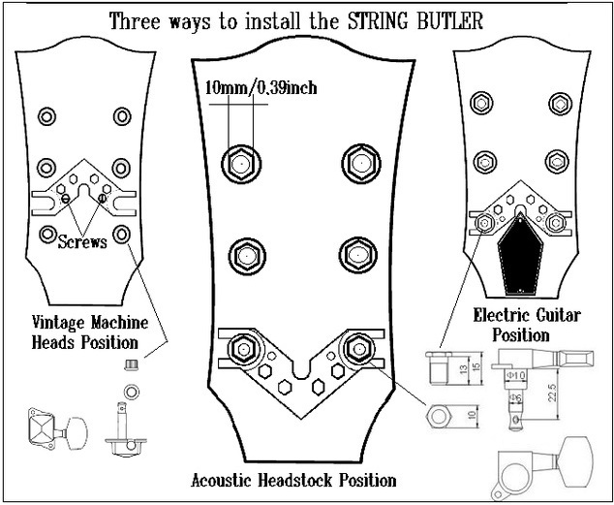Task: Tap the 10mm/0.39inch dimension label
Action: pos(261,88)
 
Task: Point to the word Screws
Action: pos(81,241)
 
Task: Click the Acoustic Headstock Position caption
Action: pos(293,479)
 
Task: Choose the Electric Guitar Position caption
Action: pos(512,324)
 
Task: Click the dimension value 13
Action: pos(463,369)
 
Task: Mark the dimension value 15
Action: pos(476,369)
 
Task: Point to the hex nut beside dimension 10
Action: pos(439,416)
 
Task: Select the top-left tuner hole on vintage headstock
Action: pos(46,117)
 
